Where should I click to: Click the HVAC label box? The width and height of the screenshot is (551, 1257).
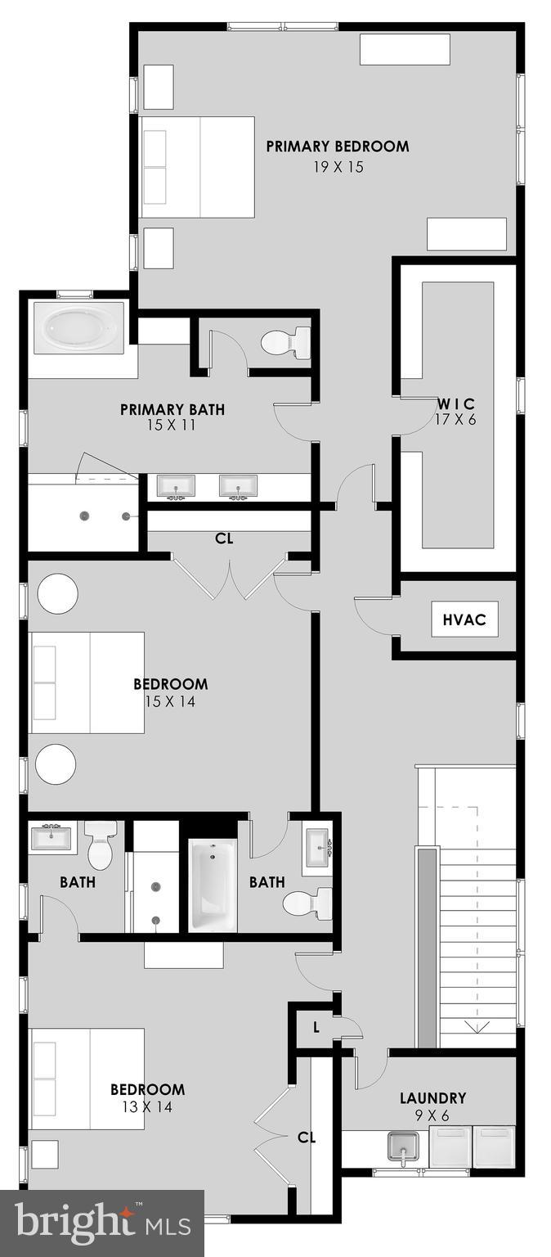click(x=464, y=619)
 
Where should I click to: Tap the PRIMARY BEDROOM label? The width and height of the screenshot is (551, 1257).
click(x=337, y=147)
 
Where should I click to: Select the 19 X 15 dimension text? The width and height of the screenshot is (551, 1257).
click(x=338, y=167)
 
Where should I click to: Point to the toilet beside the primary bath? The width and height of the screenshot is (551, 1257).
click(x=286, y=342)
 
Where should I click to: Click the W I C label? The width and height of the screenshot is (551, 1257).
click(x=455, y=403)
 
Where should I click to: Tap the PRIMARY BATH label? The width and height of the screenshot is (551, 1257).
click(x=172, y=409)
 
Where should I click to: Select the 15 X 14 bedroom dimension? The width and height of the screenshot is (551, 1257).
click(x=170, y=701)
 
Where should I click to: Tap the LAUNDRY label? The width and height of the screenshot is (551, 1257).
click(x=432, y=1098)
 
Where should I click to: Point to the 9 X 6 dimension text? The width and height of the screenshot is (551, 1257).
click(x=432, y=1115)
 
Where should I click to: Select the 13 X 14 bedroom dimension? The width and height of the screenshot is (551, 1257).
click(x=147, y=1107)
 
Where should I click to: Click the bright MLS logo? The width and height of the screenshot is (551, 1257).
click(x=102, y=1223)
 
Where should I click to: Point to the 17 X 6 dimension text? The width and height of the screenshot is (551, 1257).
click(x=455, y=421)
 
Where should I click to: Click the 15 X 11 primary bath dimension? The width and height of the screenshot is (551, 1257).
click(x=172, y=426)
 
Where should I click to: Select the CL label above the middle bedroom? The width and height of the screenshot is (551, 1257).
click(x=225, y=538)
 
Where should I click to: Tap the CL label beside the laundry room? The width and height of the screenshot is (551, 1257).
click(x=307, y=1138)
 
